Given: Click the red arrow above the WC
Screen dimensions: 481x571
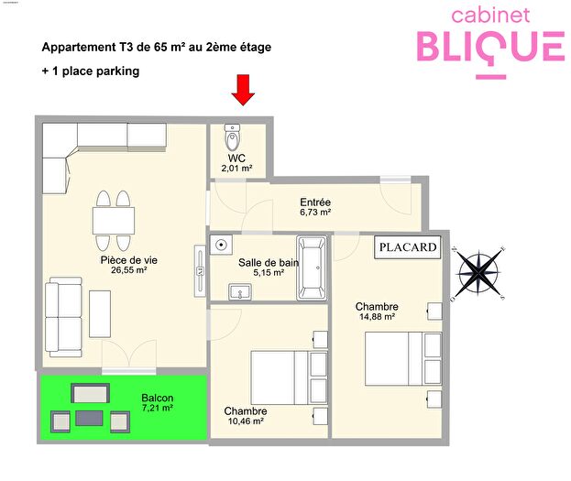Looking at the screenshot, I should tap(242, 90).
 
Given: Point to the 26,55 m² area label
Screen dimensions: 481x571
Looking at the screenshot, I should tap(129, 271).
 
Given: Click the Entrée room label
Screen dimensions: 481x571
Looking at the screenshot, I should tap(315, 202).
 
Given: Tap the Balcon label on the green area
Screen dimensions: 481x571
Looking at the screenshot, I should tap(157, 398).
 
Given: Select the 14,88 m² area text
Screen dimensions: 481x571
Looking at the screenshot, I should tap(377, 317).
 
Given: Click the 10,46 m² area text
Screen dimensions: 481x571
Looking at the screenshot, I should tap(245, 421).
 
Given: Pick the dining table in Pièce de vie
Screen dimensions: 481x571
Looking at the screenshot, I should tap(114, 221).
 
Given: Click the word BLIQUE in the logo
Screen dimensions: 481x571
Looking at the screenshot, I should tap(490, 46).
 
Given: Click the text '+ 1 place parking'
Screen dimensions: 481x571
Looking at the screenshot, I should tap(91, 71).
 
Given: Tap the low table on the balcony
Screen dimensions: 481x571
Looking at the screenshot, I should tap(90, 418).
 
